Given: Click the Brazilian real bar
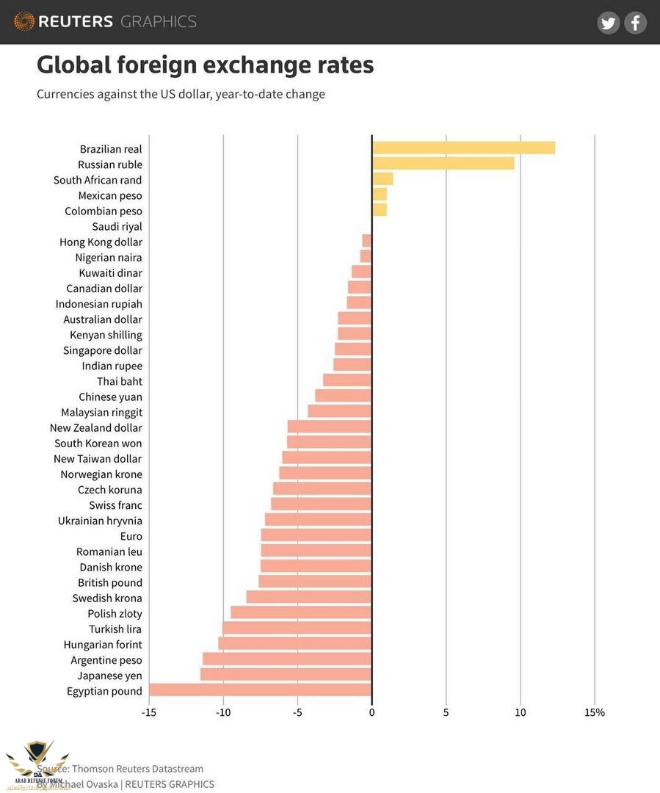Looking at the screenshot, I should (x=463, y=148).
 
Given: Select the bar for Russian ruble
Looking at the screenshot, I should (x=443, y=164).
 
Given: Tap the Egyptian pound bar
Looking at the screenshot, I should (x=260, y=690).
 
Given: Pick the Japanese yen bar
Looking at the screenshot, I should (x=286, y=675).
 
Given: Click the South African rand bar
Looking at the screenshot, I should (x=382, y=179).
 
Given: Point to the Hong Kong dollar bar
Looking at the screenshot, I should (x=367, y=242).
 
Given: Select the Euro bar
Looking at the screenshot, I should (x=316, y=535).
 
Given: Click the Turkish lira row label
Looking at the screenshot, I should (x=115, y=629).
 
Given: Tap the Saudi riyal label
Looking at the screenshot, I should (x=117, y=226).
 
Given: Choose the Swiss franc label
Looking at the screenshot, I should (x=115, y=505).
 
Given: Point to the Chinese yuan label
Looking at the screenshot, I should (x=110, y=396).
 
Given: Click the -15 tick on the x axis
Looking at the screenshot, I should (x=149, y=712).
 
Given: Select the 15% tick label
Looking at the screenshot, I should (x=595, y=712).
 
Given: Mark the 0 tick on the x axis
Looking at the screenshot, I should (x=371, y=712).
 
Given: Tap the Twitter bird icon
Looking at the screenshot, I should (x=608, y=23).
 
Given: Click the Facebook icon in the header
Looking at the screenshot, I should (x=635, y=23).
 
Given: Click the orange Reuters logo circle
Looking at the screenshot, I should (x=23, y=21).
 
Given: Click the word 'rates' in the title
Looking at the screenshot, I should (x=341, y=65).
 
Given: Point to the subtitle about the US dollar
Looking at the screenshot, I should (x=181, y=94).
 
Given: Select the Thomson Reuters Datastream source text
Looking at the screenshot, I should (x=137, y=768).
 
